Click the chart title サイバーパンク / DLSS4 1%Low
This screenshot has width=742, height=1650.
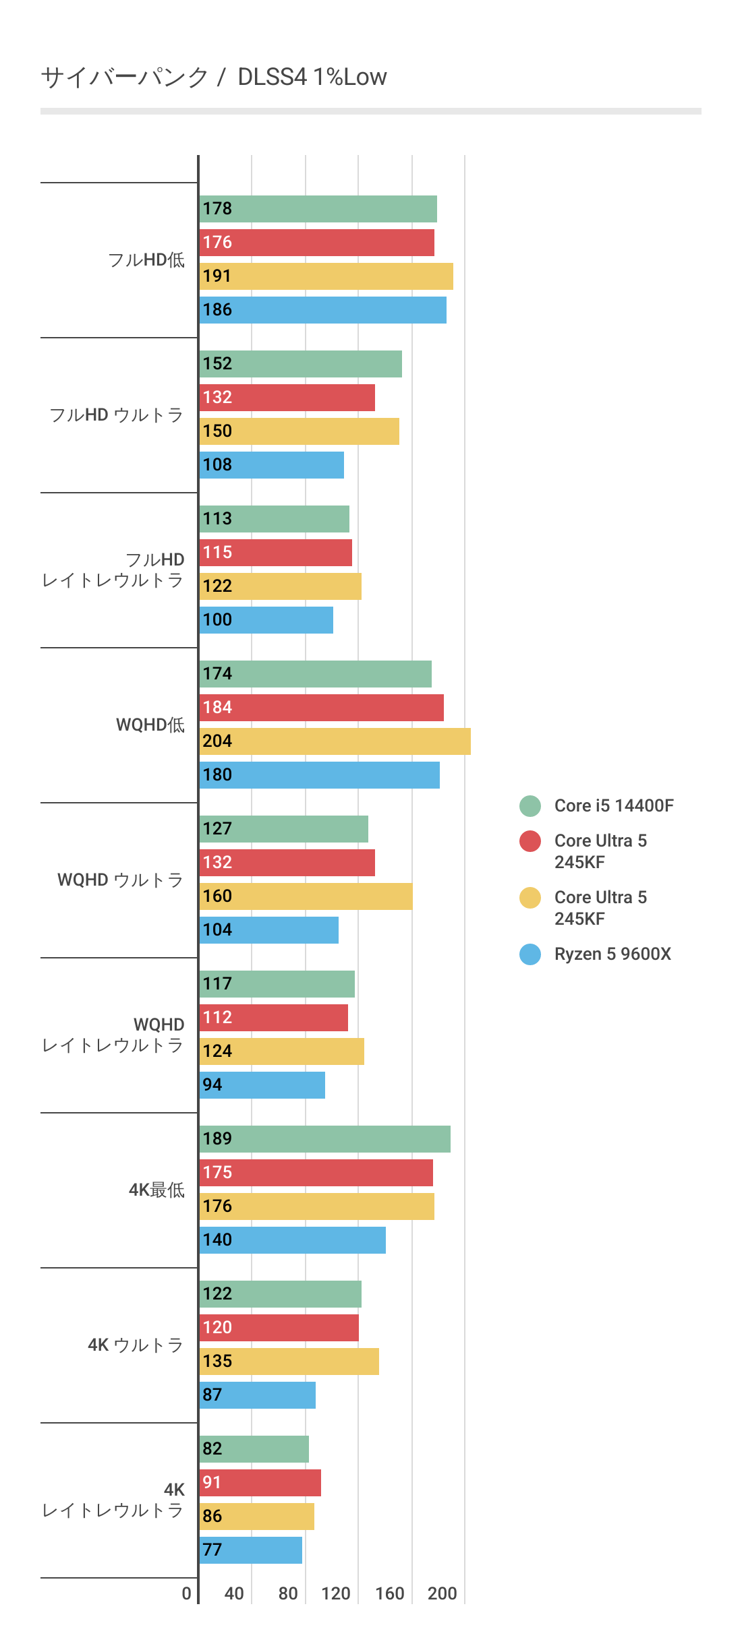(x=214, y=77)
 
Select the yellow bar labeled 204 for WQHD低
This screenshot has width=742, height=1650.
(x=335, y=741)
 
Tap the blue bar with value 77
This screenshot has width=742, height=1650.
(x=251, y=1550)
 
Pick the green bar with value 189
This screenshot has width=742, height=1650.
(x=324, y=1139)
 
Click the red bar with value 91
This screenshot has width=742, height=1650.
(x=260, y=1483)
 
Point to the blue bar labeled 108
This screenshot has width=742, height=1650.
(x=271, y=465)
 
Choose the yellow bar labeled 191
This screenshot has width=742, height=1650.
(x=326, y=276)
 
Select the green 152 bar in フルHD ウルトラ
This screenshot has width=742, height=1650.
(x=300, y=364)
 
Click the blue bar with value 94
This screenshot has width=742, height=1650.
(x=262, y=1085)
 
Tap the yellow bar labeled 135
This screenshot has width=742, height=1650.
(x=289, y=1362)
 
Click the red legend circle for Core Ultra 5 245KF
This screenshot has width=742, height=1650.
(x=530, y=841)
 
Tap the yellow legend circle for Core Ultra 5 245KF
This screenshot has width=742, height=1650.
(x=530, y=898)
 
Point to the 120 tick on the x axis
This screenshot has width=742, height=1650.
(x=335, y=1593)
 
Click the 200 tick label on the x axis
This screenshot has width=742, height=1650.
(x=443, y=1593)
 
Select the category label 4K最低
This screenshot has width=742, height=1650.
(x=156, y=1190)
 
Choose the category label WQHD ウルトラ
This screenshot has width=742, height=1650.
(x=120, y=880)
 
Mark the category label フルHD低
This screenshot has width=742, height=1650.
(x=146, y=260)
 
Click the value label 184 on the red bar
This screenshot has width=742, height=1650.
(x=217, y=708)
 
